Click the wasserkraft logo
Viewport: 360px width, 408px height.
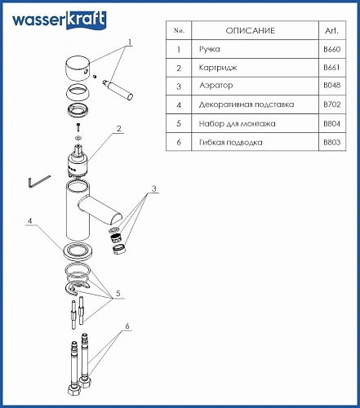[60, 20]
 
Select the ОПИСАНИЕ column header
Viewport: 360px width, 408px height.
[251, 30]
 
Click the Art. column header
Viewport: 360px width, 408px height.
[331, 30]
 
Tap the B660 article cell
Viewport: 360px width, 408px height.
[332, 49]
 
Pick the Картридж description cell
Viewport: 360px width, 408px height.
[218, 68]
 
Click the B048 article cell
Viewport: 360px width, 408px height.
[332, 86]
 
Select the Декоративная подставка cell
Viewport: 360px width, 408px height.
[247, 104]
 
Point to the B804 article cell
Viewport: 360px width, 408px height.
[332, 124]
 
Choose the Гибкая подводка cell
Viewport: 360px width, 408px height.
[231, 142]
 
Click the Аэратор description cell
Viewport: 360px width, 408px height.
[216, 86]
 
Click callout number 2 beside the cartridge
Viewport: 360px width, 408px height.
[118, 129]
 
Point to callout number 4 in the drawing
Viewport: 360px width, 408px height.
[30, 221]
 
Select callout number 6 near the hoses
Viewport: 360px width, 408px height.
[127, 326]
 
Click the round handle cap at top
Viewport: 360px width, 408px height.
[78, 69]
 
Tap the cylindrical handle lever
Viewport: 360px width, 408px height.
[118, 90]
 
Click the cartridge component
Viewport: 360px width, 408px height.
[78, 161]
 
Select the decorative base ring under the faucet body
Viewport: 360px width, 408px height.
[78, 251]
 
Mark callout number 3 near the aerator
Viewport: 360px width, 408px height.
[154, 188]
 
